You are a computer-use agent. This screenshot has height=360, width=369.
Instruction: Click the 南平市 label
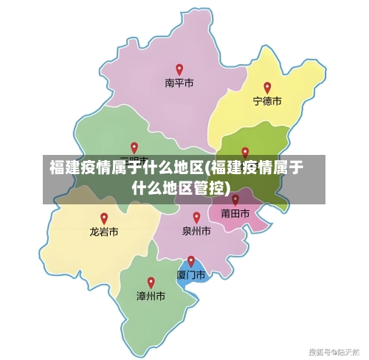179,84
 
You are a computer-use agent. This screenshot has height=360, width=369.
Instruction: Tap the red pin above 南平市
179,70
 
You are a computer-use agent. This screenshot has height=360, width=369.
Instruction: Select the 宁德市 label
267,101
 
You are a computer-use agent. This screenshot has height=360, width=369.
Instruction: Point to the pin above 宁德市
267,88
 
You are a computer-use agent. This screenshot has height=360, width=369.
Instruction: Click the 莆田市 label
235,213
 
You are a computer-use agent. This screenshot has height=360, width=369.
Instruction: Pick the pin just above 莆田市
235,199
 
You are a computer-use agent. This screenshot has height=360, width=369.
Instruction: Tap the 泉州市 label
196,231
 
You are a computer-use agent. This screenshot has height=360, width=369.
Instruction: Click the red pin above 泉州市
196,218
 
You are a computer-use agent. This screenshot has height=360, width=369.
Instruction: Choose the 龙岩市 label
104,232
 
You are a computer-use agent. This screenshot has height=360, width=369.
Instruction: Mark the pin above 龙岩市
104,218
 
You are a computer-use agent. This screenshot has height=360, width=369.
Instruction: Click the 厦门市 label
190,274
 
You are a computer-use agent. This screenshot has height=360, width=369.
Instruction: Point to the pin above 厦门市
191,261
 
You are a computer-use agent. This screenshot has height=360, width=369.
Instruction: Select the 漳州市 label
151,296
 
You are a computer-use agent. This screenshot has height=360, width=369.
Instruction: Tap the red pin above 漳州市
151,283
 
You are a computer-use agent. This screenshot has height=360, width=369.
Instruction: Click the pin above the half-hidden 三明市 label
134,148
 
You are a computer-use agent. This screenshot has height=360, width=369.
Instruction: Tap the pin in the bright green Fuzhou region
245,153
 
